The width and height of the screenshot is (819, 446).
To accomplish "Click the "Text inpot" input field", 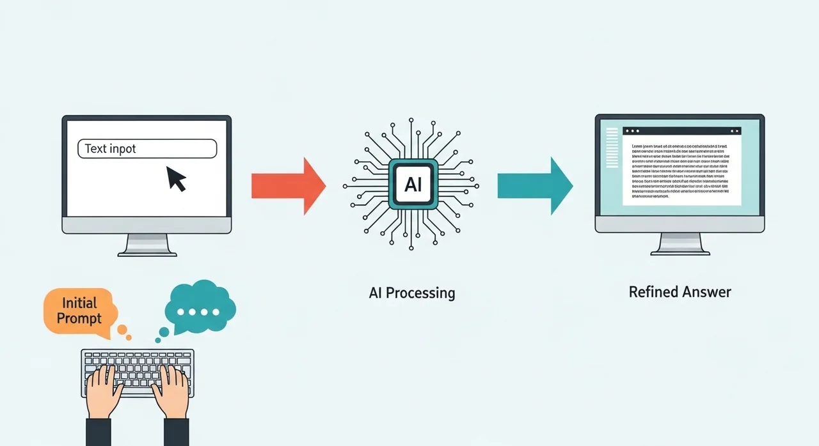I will point(147,149).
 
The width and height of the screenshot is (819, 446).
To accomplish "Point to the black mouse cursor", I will point(176,178).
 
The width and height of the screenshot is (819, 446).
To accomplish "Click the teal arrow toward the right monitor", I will point(535,185).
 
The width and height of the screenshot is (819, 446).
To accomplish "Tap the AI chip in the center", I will point(413,185).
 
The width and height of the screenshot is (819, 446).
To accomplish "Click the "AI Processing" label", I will point(412,293).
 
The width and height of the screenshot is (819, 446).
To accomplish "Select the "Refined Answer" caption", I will point(680,292).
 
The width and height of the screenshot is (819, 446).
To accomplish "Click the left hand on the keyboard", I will point(105,390).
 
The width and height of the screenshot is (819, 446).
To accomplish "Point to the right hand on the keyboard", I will point(171,390).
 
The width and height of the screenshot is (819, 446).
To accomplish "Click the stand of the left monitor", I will point(147,245).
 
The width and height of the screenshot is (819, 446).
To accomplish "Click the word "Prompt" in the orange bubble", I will point(79,318).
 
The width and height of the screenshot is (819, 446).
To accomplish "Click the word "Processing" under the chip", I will point(424,293).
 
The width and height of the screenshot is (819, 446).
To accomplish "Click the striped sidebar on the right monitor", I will point(612,148).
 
